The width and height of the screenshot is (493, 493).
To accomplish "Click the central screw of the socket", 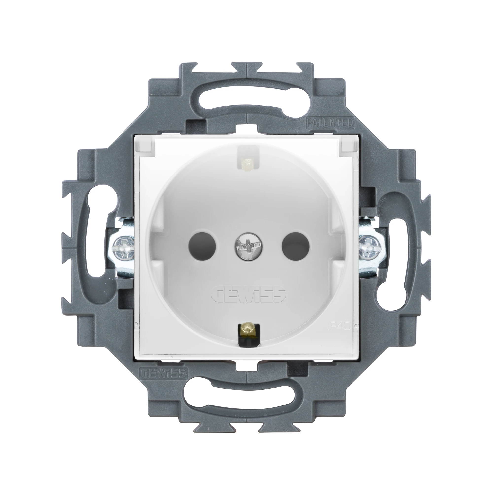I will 246,246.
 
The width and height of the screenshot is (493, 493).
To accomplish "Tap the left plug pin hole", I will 202,246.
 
